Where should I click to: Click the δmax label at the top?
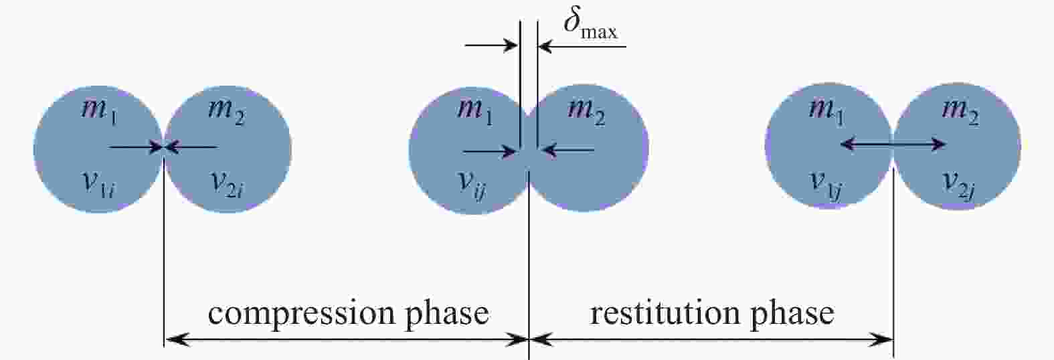pos(590,25)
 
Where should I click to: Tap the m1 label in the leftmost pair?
pos(99,112)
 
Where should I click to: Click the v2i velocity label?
pos(228,185)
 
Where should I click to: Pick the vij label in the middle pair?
pos(472,185)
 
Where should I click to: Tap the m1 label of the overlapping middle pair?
pos(475,112)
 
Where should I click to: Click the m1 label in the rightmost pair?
pos(826,112)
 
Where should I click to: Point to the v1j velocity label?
pos(826,185)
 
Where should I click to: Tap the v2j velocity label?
pos(959,185)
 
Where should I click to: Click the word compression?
pos(302,314)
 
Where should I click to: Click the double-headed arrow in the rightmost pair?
pos(893,144)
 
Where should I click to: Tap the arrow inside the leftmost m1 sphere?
pos(135,147)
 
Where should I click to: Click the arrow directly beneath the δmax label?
pos(582,46)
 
